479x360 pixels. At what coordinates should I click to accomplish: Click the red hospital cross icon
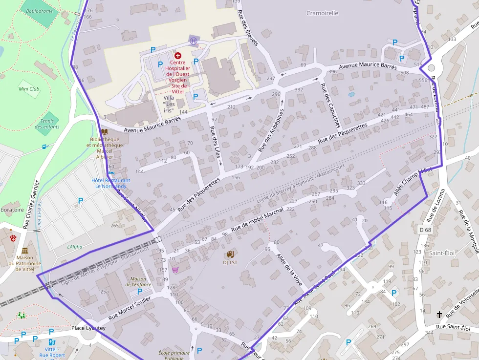click(x=177, y=56)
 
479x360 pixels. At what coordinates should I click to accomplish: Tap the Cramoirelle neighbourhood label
click(x=322, y=13)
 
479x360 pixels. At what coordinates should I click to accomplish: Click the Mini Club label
click(x=29, y=89)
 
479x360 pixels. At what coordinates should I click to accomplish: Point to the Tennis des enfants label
click(x=47, y=124)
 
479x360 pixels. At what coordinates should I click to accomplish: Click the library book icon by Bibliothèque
click(x=104, y=132)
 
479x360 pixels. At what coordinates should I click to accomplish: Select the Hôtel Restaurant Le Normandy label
click(x=111, y=183)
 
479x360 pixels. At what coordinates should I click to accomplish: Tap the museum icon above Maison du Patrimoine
click(x=25, y=250)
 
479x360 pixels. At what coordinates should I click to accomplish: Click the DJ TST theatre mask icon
click(x=230, y=254)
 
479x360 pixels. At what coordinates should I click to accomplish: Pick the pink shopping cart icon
click(x=175, y=270)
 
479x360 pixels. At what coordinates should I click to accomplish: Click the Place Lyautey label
click(x=88, y=328)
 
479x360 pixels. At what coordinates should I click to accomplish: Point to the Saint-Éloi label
click(x=442, y=253)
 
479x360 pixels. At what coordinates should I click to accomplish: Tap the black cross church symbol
click(x=439, y=315)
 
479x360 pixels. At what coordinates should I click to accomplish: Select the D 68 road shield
click(x=425, y=230)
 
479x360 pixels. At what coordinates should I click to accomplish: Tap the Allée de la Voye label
click(x=289, y=269)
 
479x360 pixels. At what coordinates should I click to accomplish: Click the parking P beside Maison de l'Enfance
click(x=140, y=291)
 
